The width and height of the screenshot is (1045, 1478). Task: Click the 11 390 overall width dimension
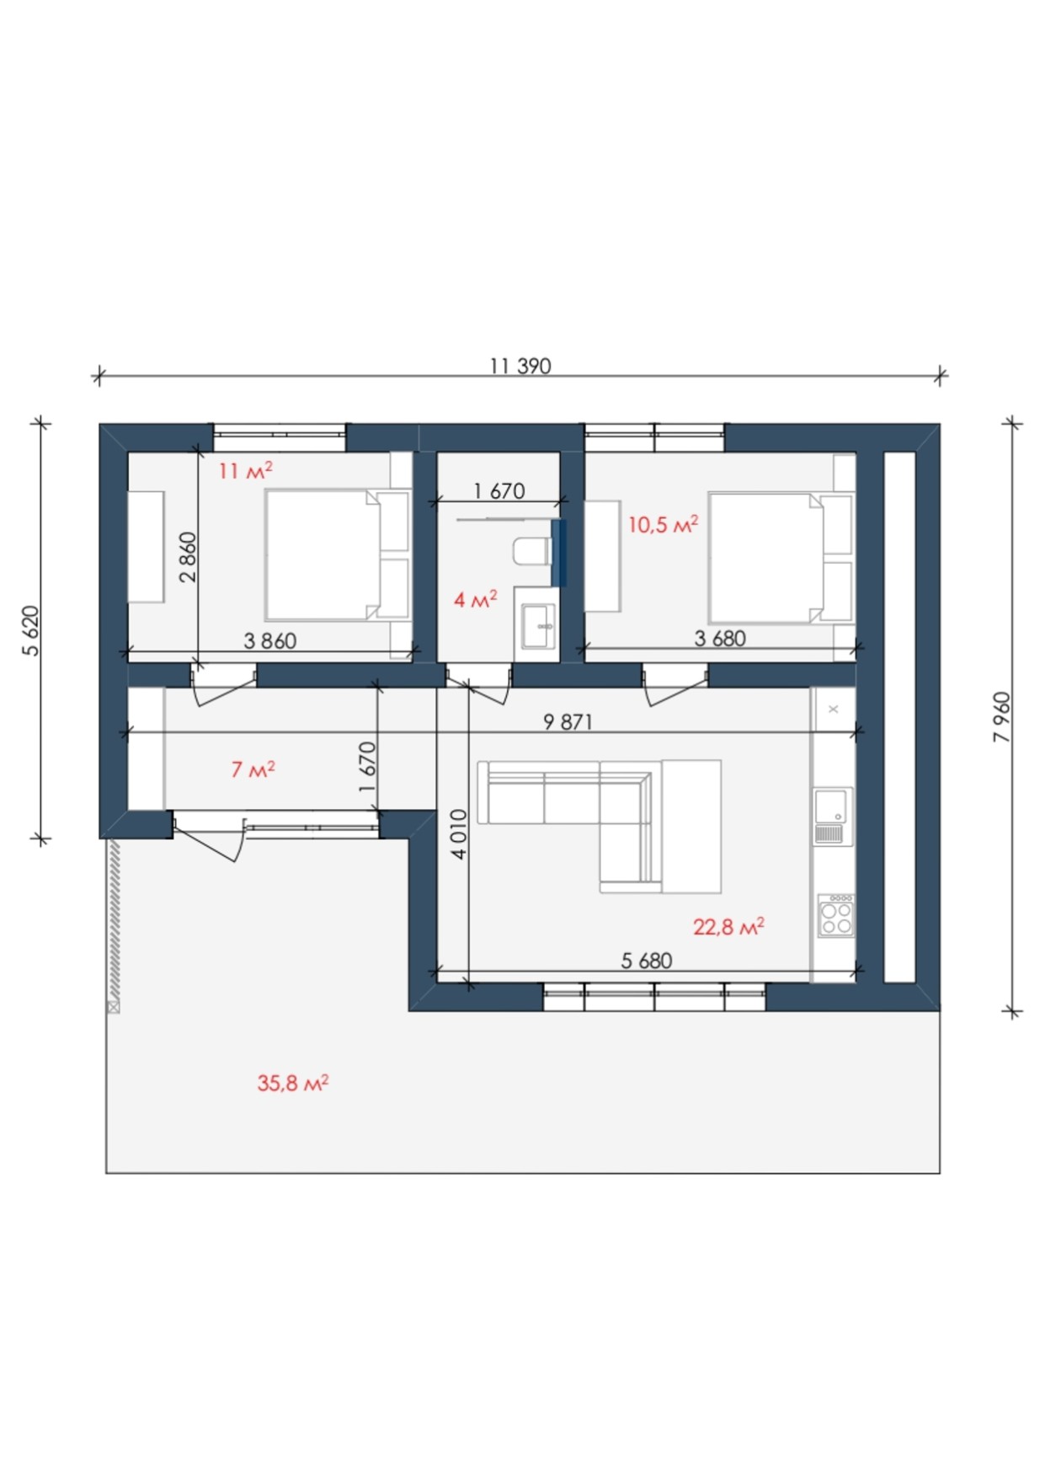pyautogui.click(x=520, y=366)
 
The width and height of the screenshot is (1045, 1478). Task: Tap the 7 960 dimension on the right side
pyautogui.click(x=1002, y=717)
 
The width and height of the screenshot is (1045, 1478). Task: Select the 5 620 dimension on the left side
pyautogui.click(x=31, y=630)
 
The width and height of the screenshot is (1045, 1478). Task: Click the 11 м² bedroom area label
pyautogui.click(x=245, y=470)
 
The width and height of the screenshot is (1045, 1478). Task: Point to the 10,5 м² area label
pyautogui.click(x=663, y=525)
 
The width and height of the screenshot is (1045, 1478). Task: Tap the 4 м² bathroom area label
pyautogui.click(x=475, y=600)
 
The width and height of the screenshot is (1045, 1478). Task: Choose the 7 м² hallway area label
pyautogui.click(x=253, y=769)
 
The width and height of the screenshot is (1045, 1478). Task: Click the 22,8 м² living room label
pyautogui.click(x=728, y=927)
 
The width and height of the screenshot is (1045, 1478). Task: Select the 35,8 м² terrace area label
pyautogui.click(x=292, y=1083)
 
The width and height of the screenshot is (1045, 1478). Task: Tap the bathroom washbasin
pyautogui.click(x=538, y=626)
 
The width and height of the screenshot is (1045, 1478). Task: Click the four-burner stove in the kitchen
pyautogui.click(x=836, y=916)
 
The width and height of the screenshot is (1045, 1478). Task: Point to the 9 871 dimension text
pyautogui.click(x=568, y=722)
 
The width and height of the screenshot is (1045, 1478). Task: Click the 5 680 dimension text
pyautogui.click(x=646, y=961)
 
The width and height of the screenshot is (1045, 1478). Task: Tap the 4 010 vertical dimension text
pyautogui.click(x=458, y=834)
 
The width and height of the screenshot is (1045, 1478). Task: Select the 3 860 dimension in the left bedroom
pyautogui.click(x=269, y=641)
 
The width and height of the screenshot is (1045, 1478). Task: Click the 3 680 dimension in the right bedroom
pyautogui.click(x=720, y=639)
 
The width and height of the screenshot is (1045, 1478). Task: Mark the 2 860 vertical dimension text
pyautogui.click(x=188, y=557)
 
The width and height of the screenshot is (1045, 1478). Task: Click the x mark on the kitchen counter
pyautogui.click(x=833, y=710)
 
